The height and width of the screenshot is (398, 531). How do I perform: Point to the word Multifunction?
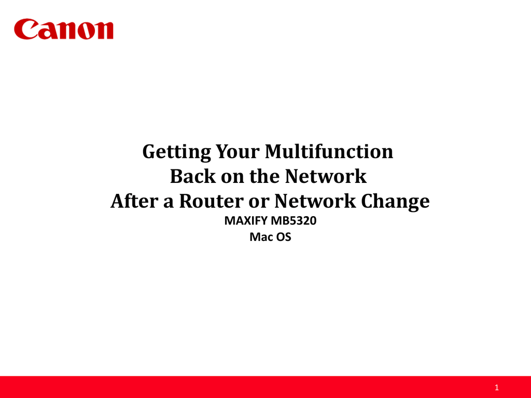(329, 152)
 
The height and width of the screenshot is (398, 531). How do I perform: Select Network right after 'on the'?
(325, 177)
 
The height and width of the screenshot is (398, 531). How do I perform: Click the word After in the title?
(134, 201)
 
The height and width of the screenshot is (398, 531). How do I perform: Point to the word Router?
(208, 201)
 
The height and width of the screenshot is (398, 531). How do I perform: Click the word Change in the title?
(396, 201)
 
